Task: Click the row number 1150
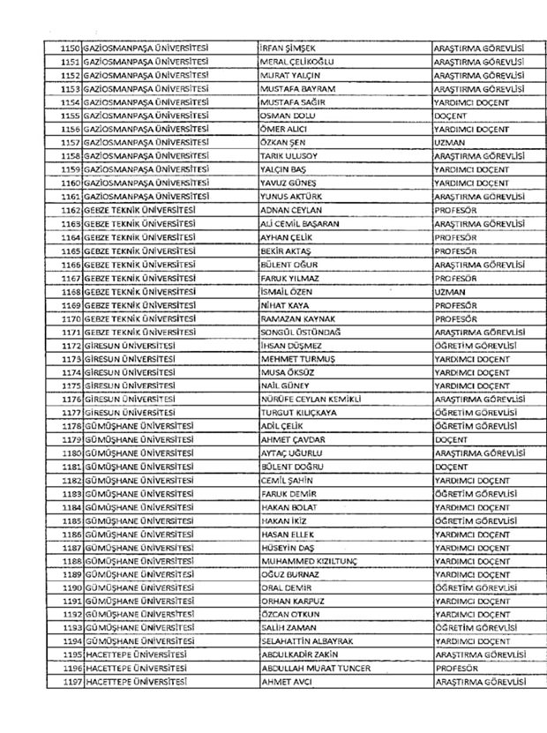click(70, 48)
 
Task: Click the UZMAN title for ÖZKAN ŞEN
click(450, 143)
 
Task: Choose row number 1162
click(70, 211)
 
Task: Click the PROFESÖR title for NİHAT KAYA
click(456, 305)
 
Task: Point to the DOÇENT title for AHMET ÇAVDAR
click(451, 439)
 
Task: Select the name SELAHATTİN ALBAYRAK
click(307, 641)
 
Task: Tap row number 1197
click(70, 682)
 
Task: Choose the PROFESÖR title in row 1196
click(456, 669)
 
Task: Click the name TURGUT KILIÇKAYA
click(299, 412)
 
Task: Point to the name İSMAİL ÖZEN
click(287, 291)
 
